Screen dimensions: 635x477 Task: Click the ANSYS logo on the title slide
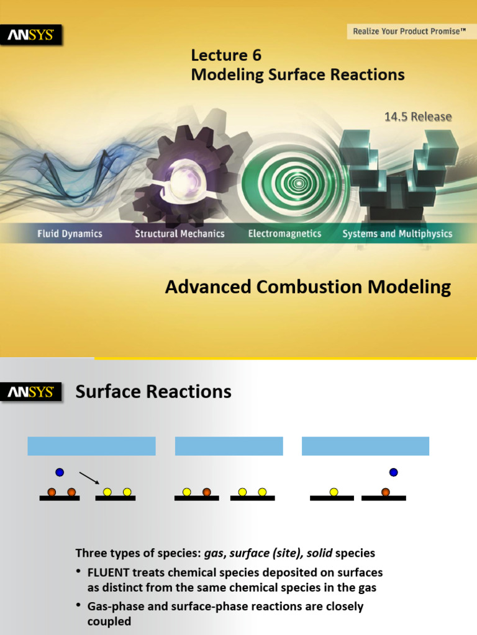[34, 36]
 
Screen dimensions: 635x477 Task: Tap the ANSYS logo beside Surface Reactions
[34, 393]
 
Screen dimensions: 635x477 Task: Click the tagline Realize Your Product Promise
[409, 31]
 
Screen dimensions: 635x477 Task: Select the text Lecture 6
[226, 55]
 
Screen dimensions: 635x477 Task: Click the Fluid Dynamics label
[70, 234]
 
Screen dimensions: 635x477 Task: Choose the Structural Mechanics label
[179, 234]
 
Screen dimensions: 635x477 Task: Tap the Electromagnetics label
[284, 234]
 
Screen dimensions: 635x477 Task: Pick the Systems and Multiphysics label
[397, 234]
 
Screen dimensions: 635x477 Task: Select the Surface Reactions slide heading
[153, 392]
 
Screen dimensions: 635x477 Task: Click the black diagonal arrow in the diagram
[89, 477]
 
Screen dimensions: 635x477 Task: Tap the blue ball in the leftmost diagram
[60, 473]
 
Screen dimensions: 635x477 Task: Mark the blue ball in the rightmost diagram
[393, 473]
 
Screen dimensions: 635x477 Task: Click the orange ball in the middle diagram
[206, 492]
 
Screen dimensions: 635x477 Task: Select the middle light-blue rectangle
[229, 446]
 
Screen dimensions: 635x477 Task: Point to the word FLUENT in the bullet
[109, 572]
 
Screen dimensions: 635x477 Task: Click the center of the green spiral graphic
[299, 182]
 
